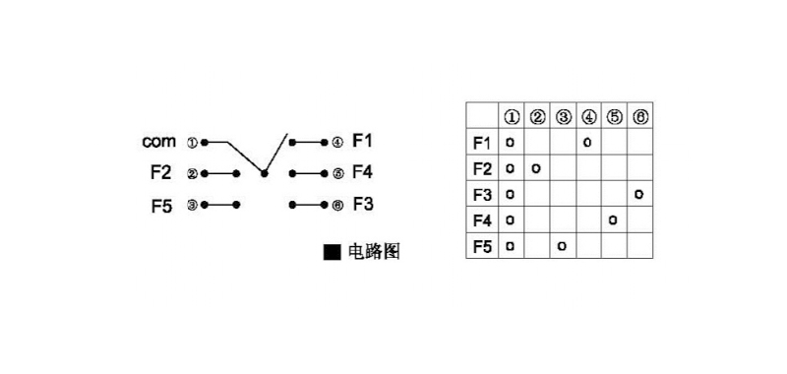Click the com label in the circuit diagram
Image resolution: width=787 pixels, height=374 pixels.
tap(158, 142)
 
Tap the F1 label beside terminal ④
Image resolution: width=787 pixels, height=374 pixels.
tap(362, 142)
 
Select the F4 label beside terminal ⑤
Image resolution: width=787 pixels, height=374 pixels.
tap(362, 173)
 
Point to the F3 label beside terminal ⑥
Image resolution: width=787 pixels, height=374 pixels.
tap(362, 205)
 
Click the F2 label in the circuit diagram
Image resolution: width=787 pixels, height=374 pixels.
tap(161, 173)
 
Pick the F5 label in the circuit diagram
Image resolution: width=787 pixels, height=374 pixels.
tap(161, 205)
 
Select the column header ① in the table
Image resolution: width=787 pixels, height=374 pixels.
tap(512, 117)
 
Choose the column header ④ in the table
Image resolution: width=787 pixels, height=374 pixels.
tap(588, 117)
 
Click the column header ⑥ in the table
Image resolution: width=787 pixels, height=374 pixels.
tap(639, 117)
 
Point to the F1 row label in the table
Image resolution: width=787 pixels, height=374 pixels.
tap(482, 143)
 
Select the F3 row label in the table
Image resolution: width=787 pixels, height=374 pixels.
tap(482, 194)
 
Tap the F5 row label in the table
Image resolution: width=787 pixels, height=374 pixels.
tap(482, 245)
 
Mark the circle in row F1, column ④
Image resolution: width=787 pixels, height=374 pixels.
tap(587, 143)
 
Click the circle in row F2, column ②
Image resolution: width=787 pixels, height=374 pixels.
tap(536, 168)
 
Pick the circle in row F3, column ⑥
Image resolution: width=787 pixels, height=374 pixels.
tap(639, 194)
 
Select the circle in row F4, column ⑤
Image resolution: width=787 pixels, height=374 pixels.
tap(613, 219)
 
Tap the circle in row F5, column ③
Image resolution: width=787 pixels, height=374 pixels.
tap(562, 245)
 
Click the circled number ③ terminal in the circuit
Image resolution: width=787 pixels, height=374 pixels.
tap(192, 205)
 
